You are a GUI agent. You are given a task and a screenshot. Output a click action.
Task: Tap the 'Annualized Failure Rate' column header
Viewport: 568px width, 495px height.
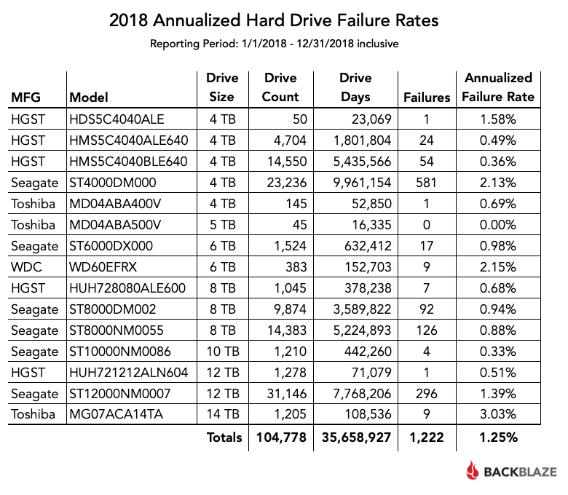498,87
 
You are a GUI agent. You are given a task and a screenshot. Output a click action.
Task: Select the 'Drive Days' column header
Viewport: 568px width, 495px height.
355,87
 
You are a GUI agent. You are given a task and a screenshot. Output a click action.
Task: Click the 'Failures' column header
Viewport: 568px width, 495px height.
427,97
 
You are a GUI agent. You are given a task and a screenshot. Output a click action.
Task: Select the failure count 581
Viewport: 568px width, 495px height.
427,182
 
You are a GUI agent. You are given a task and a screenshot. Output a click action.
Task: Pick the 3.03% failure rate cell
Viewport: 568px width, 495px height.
498,415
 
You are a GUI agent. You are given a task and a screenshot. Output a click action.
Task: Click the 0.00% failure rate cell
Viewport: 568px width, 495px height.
498,224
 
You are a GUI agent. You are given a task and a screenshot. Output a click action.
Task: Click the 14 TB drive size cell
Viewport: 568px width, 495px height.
221,415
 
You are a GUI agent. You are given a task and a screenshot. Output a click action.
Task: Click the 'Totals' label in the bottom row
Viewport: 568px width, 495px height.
224,437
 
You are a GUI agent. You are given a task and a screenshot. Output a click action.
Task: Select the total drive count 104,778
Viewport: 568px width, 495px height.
280,437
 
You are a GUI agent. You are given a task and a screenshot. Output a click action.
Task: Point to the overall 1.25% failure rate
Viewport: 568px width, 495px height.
498,437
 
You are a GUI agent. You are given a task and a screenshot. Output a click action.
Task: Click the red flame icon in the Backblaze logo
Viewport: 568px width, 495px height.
473,471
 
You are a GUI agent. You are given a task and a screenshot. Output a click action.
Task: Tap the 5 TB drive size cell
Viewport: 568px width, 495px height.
221,224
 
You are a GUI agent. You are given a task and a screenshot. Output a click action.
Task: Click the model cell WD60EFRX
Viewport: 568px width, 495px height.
101,266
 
